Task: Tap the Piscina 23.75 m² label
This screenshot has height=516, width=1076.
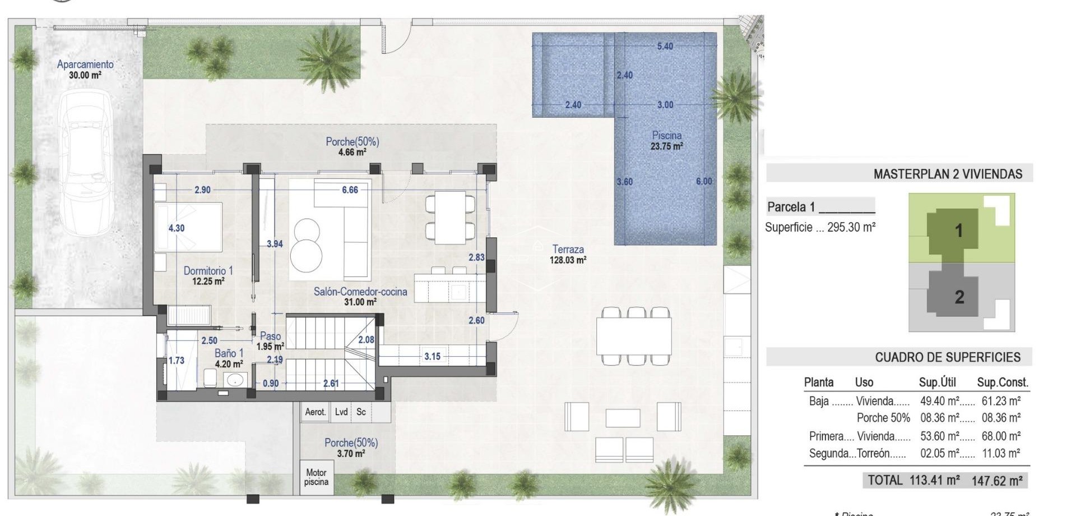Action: (x=666, y=141)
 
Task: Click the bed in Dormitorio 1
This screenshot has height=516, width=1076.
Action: (x=188, y=227)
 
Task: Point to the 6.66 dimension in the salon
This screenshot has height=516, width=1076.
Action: (x=350, y=190)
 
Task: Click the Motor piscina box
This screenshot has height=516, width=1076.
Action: (x=316, y=477)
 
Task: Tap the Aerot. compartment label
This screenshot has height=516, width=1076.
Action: (x=315, y=412)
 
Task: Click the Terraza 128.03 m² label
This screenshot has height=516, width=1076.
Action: (x=568, y=254)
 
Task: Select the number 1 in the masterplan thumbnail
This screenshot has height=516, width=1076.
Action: (x=958, y=231)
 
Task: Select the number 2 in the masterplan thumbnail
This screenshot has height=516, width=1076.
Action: (x=959, y=297)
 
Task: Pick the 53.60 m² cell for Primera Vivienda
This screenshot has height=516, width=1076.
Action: (x=940, y=436)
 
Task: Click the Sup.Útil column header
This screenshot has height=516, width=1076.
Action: (x=937, y=383)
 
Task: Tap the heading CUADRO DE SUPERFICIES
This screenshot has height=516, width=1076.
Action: (x=948, y=357)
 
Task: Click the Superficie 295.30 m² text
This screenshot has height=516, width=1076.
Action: (x=820, y=227)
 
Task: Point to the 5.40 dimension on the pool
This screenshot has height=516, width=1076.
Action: (x=665, y=46)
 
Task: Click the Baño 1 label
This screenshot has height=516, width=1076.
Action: (x=229, y=358)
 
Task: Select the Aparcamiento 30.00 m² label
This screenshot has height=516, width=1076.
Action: (x=85, y=69)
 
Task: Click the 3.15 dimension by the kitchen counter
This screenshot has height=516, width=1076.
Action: (x=432, y=356)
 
